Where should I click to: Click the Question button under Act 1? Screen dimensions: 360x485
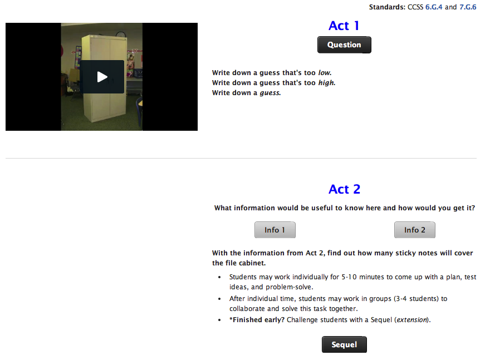[344, 45]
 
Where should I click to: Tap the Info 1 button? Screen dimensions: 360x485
[275, 230]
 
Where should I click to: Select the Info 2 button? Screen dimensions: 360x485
[415, 230]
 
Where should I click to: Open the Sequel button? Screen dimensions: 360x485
[344, 344]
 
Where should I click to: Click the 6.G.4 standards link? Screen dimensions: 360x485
[434, 7]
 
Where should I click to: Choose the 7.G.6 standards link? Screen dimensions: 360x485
[468, 7]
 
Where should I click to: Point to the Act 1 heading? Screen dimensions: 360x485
[344, 26]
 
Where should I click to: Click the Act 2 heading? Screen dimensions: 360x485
[344, 189]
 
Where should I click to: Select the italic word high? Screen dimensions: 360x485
[326, 83]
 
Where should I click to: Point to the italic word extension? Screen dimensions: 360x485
[412, 320]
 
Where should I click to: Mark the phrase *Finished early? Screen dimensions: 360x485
[256, 320]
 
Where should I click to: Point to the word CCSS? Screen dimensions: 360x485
[415, 7]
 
